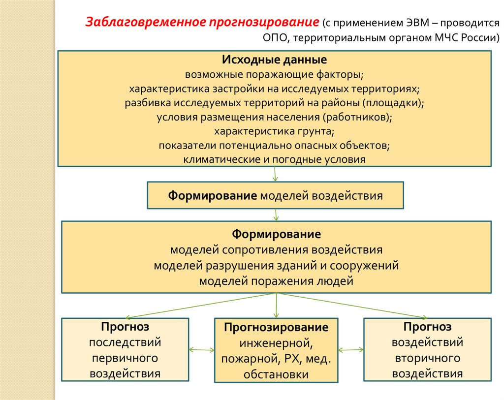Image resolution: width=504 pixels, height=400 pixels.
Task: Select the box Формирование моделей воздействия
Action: pyautogui.click(x=275, y=195)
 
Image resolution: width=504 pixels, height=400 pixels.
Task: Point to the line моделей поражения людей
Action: pyautogui.click(x=276, y=281)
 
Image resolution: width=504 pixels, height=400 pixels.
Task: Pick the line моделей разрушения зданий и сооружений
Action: pyautogui.click(x=276, y=265)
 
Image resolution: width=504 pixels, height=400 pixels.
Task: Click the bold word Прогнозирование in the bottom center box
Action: pyautogui.click(x=276, y=327)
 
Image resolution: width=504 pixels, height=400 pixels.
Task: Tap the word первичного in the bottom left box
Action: pyautogui.click(x=125, y=358)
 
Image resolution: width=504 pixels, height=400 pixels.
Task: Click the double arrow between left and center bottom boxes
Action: pyautogui.click(x=201, y=350)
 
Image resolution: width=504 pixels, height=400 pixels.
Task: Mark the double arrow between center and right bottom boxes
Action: pyautogui.click(x=350, y=350)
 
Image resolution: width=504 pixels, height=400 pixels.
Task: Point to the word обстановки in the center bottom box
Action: pyautogui.click(x=276, y=374)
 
